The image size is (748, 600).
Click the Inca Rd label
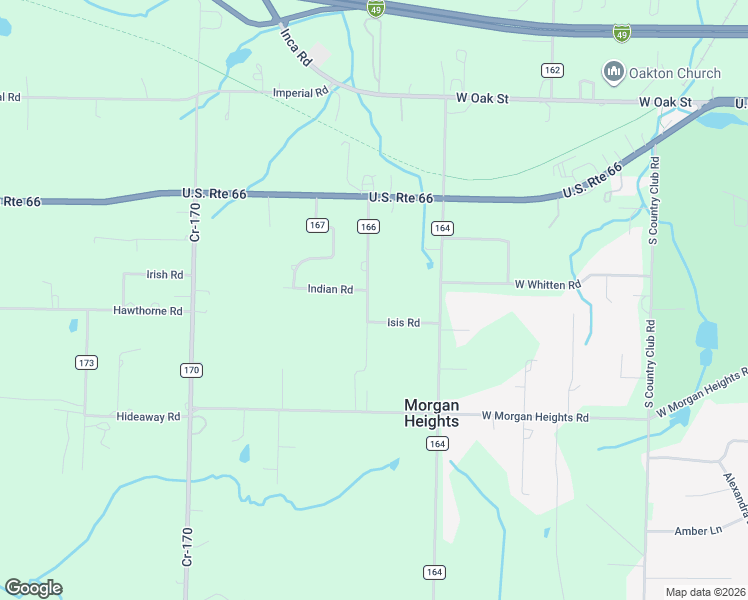pos(295,47)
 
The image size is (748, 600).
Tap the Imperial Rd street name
pos(301,93)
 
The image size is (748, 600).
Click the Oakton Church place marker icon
pos(613,72)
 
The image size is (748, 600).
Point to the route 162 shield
pos(553,70)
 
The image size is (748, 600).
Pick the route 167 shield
pos(317,225)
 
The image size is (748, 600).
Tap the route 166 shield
pos(368,227)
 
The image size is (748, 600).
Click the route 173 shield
pos(86,361)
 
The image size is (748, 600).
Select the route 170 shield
pos(192,370)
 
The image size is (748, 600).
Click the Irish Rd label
pos(165,275)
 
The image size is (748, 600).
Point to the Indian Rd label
pos(330,289)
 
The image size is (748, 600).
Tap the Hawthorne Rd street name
pos(148,311)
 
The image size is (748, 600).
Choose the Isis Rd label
pos(403,322)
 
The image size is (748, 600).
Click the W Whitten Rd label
pos(548,285)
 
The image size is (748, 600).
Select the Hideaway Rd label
pos(148,416)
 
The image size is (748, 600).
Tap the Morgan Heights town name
pos(431,413)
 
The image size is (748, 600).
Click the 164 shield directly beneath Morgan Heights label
pos(436,443)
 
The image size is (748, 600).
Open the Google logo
pos(33,588)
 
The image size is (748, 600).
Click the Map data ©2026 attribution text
pos(705,592)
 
